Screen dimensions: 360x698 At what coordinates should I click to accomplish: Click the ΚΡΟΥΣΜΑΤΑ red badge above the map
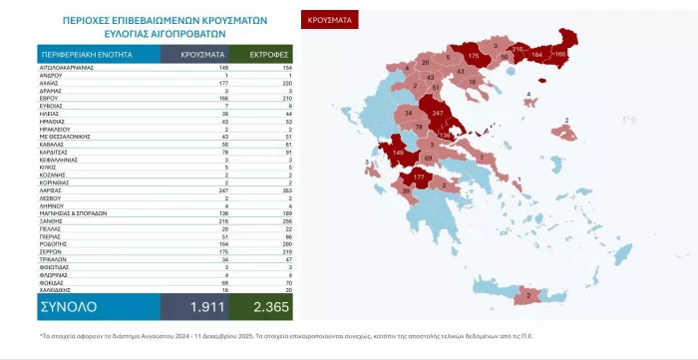pos(327,19)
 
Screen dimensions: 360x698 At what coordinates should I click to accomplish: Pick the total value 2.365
pos(263,304)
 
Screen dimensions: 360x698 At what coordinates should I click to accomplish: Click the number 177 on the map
pos(419,175)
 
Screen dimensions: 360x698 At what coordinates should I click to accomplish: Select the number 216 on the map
pos(518,48)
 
